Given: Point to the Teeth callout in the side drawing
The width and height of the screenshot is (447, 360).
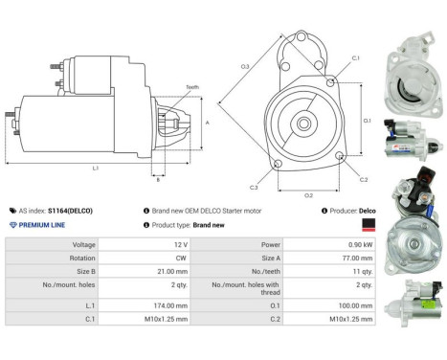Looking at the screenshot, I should pos(192,87).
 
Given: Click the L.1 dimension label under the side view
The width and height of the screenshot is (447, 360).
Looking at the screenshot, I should pos(96,168).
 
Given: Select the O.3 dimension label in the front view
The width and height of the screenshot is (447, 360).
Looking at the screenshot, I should pos(245,66).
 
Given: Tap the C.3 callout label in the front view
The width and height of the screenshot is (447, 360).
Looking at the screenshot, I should pos(254,187).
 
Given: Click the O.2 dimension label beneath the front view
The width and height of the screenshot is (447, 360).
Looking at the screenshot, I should pos(308,195).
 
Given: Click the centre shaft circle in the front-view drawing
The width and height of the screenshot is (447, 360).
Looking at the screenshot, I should pos(305,123).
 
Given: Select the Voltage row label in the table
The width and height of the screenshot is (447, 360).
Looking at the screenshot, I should pos(76,244).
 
